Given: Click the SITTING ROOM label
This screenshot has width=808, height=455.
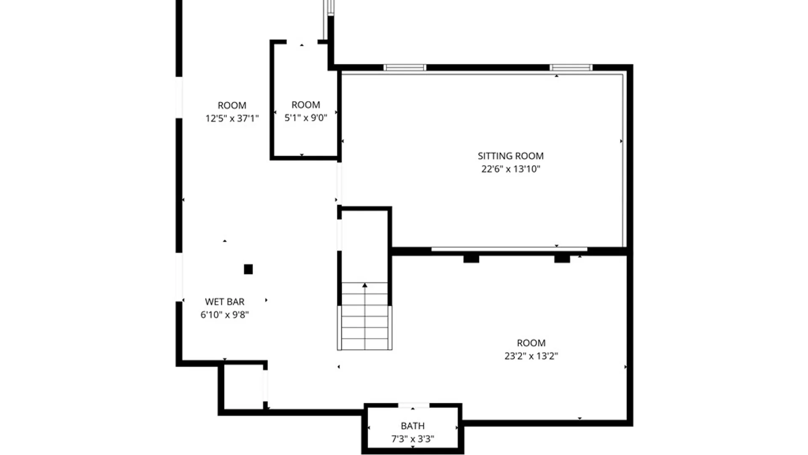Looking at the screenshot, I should tap(510, 156).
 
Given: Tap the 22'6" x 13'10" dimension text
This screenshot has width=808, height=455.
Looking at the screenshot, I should tap(510, 169).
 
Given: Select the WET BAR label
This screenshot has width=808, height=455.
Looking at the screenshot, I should tap(224, 302).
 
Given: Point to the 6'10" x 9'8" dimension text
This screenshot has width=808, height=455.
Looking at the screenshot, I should tap(224, 315).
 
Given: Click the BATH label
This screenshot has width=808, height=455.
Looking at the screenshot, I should tap(412, 426).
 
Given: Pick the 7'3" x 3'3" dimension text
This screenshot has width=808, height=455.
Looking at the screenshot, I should tap(412, 439).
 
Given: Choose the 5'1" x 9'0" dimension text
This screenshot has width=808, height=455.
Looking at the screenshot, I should tap(306, 118).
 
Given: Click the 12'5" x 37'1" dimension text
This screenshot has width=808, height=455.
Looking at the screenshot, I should tap(232, 118).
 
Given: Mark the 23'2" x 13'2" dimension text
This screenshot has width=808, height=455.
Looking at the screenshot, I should tap(531, 356).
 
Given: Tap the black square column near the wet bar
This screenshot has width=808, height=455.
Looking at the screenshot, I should tap(248, 269).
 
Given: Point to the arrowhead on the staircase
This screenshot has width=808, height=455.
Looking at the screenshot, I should tap(365, 286).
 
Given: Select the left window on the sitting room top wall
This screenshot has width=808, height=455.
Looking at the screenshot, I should tap(405, 67).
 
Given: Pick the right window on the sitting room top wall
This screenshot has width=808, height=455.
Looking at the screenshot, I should tap(571, 67).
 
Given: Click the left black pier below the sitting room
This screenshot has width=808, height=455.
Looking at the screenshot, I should tap(471, 259).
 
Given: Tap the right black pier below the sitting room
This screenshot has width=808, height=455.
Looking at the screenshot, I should tap(562, 259).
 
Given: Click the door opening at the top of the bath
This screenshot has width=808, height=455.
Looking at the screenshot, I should tap(413, 405).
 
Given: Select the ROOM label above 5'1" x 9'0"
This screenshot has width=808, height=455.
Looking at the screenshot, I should tap(306, 105).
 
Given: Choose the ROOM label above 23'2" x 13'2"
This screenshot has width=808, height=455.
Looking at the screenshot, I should tap(531, 343).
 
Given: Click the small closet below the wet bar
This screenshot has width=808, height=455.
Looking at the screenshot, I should tap(243, 386).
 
